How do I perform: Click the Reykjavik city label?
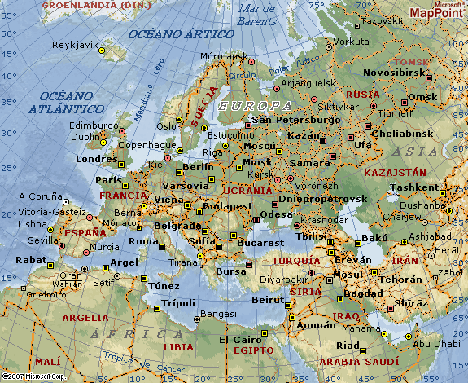(76, 45)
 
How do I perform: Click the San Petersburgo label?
(296, 120)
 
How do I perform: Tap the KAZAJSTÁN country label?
(395, 173)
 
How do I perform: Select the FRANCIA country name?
(123, 196)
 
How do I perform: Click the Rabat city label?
(29, 261)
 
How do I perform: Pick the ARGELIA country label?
(85, 317)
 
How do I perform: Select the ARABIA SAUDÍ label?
(352, 361)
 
